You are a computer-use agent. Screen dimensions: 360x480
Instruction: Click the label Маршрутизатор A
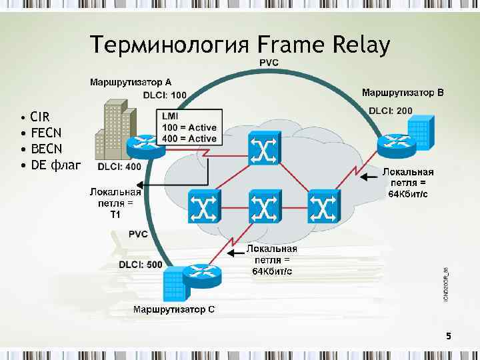click(135, 83)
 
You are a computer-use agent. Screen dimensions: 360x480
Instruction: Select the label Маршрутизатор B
click(401, 91)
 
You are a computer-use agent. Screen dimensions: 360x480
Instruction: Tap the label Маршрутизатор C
click(173, 309)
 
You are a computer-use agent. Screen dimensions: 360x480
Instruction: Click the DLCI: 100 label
click(165, 95)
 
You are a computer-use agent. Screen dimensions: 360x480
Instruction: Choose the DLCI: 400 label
click(119, 166)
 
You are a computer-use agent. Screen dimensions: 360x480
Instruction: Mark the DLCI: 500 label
click(140, 264)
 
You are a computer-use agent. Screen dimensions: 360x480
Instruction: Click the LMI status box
click(189, 127)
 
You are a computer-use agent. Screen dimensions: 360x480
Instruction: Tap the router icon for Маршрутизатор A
click(146, 144)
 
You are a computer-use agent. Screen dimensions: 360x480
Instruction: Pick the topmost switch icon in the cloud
click(265, 148)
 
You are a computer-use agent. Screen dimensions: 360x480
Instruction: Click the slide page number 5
click(449, 337)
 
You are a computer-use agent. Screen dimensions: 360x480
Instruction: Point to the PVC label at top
click(269, 63)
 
